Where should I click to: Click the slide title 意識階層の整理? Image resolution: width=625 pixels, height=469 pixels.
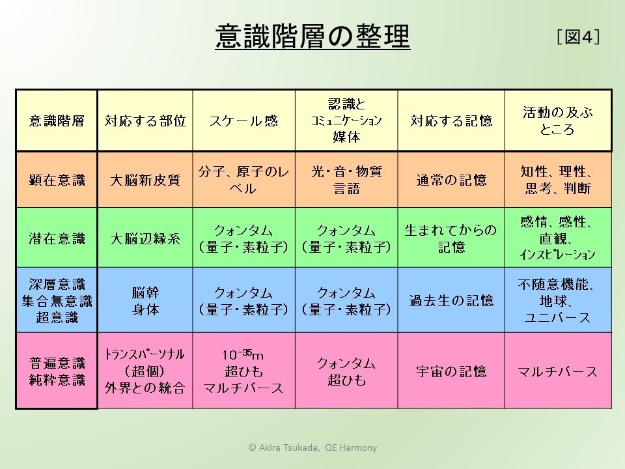coord(312,36)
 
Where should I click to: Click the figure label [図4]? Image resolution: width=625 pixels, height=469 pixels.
coord(578,36)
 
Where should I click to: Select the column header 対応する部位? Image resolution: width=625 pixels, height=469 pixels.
coord(145,121)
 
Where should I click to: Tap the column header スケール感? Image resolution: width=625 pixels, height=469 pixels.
coord(243,121)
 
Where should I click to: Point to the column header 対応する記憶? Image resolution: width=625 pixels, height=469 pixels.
coord(451,121)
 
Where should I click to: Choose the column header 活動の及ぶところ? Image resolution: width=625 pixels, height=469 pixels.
coord(558,121)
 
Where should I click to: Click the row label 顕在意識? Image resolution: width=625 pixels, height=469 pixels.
coord(57,180)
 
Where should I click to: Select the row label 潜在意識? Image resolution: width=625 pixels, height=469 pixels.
coord(57,238)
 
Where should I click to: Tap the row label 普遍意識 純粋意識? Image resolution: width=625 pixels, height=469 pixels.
coord(57,371)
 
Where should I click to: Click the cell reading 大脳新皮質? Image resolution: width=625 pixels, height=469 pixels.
coord(145,180)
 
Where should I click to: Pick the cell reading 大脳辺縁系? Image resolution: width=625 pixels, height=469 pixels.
coord(145,238)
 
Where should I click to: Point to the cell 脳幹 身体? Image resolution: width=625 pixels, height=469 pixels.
coord(145,301)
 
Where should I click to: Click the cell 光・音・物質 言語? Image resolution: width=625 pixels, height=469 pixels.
coord(346,180)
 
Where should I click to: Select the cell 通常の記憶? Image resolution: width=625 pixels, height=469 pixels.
coord(451,180)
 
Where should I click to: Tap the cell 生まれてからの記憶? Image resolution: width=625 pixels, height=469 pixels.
coord(451,238)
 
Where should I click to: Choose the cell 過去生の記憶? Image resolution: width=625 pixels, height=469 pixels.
coord(451,300)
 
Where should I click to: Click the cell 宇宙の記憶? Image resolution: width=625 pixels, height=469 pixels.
coord(451,371)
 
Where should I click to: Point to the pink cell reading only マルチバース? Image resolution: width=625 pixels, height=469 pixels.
coord(558,372)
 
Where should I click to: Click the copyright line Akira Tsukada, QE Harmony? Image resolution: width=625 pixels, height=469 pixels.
coord(312,448)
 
